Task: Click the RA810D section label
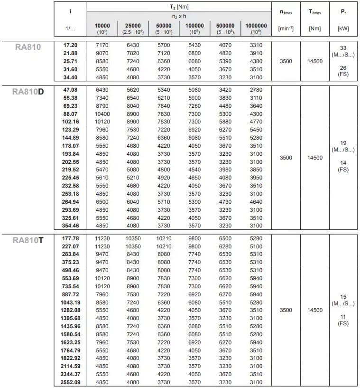point(28,91)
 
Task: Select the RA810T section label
point(28,240)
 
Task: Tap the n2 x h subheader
point(179,16)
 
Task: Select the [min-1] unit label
point(286,28)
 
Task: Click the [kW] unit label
point(343,28)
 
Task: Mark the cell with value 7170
point(102,45)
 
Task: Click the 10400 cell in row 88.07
point(102,114)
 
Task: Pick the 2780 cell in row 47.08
point(256,89)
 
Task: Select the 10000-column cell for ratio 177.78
point(102,238)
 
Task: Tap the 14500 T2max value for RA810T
point(315,310)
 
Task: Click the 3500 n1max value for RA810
point(286,61)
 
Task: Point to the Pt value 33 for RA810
point(343,48)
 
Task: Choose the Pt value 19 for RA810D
point(343,143)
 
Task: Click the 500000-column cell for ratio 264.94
point(225,202)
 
